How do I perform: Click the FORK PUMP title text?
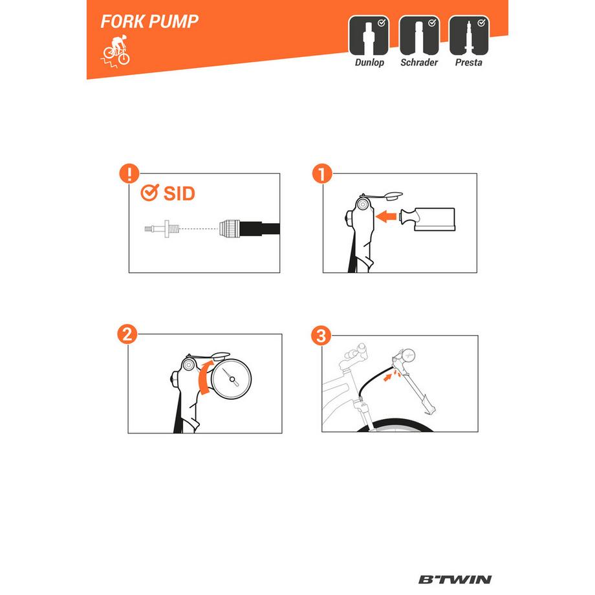point(149,21)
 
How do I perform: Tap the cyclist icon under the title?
point(115,51)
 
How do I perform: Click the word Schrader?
point(419,63)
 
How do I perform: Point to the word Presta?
point(469,63)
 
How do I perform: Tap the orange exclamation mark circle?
point(130,173)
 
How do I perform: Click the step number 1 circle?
point(321,173)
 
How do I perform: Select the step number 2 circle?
point(128,334)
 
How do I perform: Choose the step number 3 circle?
point(321,335)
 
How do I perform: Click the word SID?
point(179,193)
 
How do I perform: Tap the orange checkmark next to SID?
point(149,193)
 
